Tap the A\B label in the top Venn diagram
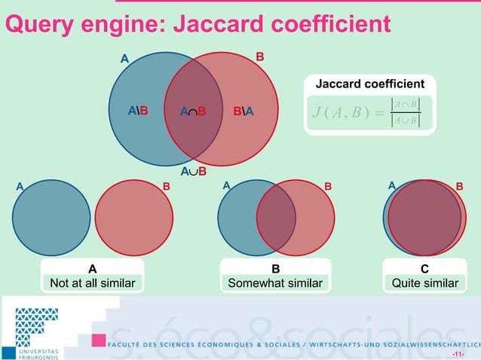(138, 112)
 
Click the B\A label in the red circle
(243, 112)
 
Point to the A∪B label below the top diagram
(193, 172)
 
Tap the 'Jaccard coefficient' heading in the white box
(369, 84)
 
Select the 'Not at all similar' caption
(92, 283)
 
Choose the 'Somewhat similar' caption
(275, 283)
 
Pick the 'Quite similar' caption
(424, 283)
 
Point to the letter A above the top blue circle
(125, 57)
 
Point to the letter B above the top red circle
(259, 56)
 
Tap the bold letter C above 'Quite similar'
(424, 269)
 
